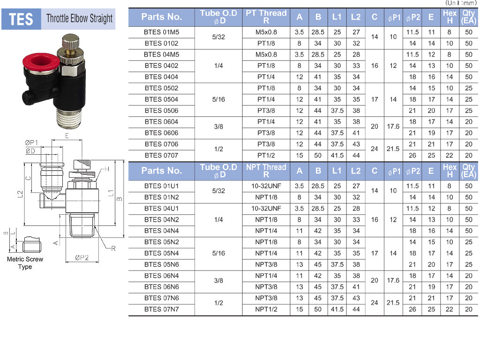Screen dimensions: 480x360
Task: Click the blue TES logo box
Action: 21,19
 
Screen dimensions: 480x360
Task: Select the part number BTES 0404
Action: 161,77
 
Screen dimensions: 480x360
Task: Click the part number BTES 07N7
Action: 161,309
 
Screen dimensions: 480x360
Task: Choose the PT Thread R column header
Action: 266,17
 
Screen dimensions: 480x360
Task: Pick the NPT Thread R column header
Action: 266,171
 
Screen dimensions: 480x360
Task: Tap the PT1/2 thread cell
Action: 266,155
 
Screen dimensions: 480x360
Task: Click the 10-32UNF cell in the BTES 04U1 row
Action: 266,209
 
